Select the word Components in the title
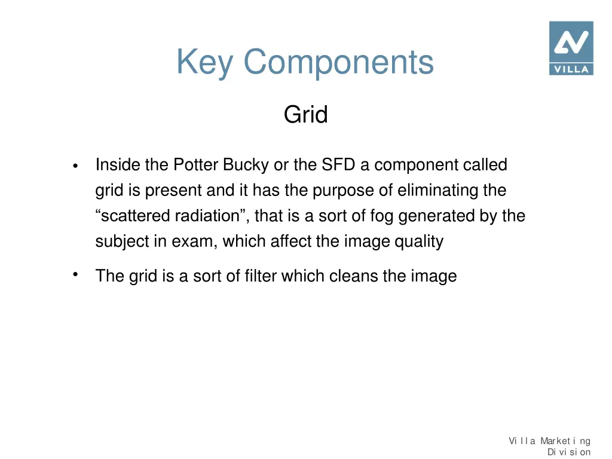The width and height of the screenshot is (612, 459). (x=338, y=62)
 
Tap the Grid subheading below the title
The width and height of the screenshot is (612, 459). (x=305, y=114)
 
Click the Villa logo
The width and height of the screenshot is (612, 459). (x=571, y=48)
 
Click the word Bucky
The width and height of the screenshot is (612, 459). (x=246, y=164)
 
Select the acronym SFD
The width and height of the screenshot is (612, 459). (x=339, y=164)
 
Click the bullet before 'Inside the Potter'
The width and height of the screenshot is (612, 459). (x=75, y=166)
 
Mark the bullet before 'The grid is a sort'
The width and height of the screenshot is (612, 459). (x=75, y=274)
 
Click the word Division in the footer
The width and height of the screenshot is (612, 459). (x=568, y=452)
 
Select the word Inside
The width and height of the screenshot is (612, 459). (x=118, y=164)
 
